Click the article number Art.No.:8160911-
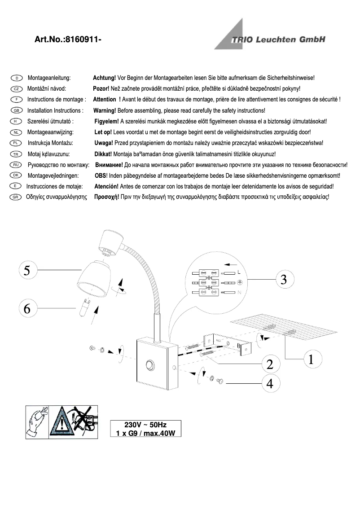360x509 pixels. pyautogui.click(x=68, y=40)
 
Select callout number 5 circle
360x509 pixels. pyautogui.click(x=27, y=270)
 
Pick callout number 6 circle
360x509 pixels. pyautogui.click(x=27, y=308)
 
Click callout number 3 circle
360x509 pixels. pyautogui.click(x=283, y=279)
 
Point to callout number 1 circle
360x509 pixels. pyautogui.click(x=311, y=359)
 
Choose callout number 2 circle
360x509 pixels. pyautogui.click(x=269, y=364)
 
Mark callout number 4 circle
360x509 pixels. pyautogui.click(x=269, y=383)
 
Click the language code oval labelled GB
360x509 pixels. pyautogui.click(x=16, y=110)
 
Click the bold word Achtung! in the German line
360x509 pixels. pyautogui.click(x=104, y=78)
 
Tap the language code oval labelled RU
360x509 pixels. pyautogui.click(x=16, y=165)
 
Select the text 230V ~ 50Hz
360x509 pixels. pyautogui.click(x=145, y=425)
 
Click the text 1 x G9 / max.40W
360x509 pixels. pyautogui.click(x=145, y=433)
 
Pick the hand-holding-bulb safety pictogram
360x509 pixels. pyautogui.click(x=37, y=421)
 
